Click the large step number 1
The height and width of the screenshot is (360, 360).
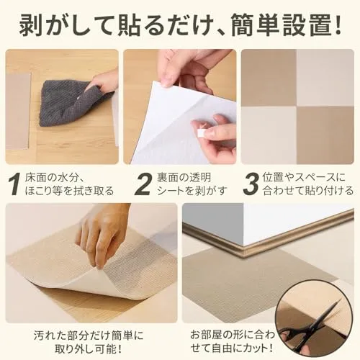pyautogui.click(x=15, y=184)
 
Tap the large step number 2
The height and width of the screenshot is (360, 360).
pyautogui.click(x=143, y=184)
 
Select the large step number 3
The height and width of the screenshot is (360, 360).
pyautogui.click(x=251, y=184)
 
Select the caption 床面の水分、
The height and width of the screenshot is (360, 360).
pyautogui.click(x=55, y=178)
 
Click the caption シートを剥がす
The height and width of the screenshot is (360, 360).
pyautogui.click(x=192, y=191)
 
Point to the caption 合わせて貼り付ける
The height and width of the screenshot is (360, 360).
pyautogui.click(x=308, y=191)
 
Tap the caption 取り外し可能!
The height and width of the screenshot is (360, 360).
pyautogui.click(x=88, y=348)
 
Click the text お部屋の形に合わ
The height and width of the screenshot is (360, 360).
pyautogui.click(x=233, y=335)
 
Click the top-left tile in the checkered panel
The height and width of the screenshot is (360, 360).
pyautogui.click(x=269, y=78)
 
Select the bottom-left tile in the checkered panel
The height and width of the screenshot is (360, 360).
pyautogui.click(x=269, y=135)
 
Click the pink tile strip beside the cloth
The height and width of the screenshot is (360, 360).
pyautogui.click(x=18, y=111)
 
